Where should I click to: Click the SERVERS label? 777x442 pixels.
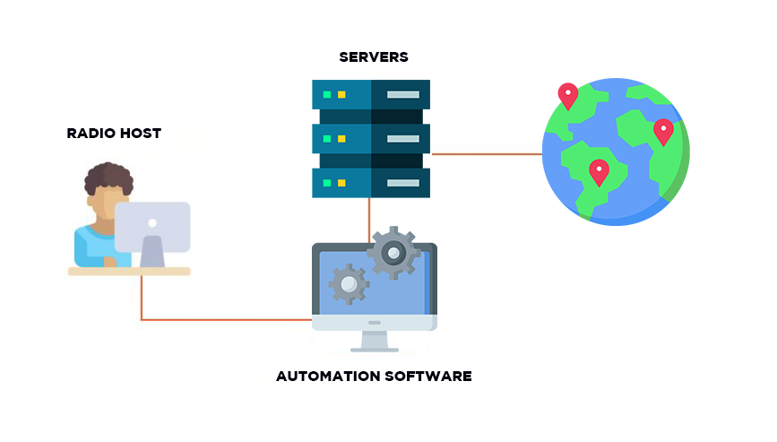tap(374, 57)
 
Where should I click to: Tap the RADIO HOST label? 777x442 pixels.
tap(114, 134)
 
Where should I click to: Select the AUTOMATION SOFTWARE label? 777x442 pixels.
tap(374, 376)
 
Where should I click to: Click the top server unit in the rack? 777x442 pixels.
tap(371, 94)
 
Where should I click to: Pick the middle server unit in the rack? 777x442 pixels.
tap(371, 138)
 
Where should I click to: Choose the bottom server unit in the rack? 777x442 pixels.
tap(371, 183)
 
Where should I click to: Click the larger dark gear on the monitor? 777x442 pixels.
tap(393, 254)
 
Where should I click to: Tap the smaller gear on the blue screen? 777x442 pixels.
tap(349, 284)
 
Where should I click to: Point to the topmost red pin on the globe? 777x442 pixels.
tap(567, 94)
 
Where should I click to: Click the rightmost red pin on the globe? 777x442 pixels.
tap(663, 130)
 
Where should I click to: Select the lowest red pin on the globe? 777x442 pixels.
tap(599, 169)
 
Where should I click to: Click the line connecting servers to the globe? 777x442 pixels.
tap(487, 154)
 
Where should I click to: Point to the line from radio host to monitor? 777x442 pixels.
tap(224, 319)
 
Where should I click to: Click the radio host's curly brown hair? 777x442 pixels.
tap(109, 177)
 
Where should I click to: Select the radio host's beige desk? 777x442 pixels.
tap(129, 271)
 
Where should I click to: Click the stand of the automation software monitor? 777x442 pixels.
tap(375, 341)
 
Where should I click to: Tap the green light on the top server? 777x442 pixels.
tap(328, 94)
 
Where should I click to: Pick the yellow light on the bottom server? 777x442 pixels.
tap(341, 183)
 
